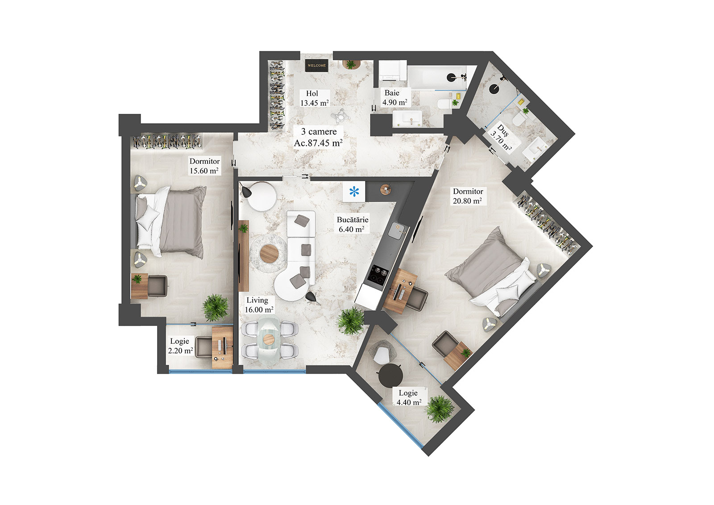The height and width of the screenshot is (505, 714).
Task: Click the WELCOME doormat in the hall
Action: point(317,65)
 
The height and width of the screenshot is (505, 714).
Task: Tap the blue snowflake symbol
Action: point(354,192)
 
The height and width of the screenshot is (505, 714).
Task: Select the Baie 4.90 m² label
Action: point(394,98)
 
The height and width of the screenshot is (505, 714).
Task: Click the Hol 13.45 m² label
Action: point(314,98)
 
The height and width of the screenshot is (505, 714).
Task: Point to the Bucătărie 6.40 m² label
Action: point(352,225)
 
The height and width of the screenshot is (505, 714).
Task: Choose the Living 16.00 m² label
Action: point(258,305)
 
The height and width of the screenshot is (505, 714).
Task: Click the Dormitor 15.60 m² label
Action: point(204,166)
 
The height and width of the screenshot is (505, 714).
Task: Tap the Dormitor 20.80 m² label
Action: point(467,196)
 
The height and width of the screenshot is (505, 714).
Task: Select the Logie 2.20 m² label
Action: point(180,346)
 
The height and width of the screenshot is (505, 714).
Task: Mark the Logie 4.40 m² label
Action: point(409,397)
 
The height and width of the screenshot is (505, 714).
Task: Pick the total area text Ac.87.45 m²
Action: point(318,143)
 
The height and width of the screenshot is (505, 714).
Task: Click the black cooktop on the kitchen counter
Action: point(377,274)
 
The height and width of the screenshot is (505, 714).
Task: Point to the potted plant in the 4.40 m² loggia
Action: point(440,408)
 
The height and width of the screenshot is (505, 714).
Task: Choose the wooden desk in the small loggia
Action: point(222,347)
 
